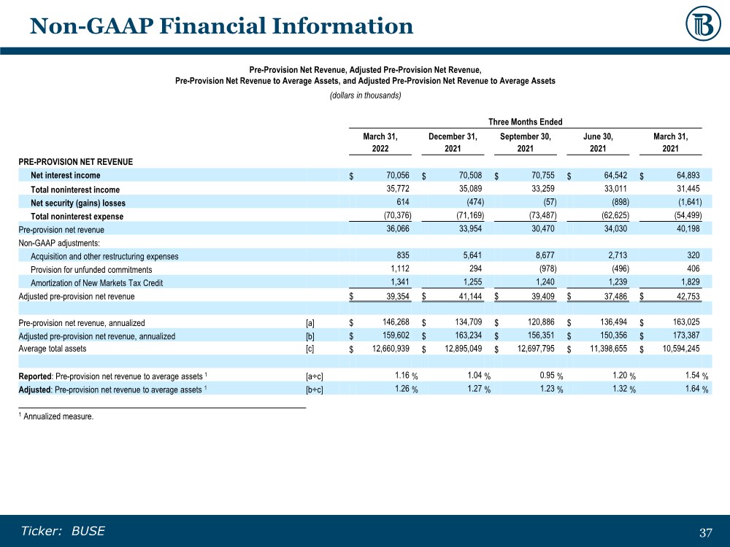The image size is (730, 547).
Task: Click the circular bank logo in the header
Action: [x=703, y=25]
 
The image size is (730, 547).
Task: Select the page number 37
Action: [x=705, y=532]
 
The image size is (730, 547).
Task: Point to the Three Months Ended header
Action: [x=526, y=122]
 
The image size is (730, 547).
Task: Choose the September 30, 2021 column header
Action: [x=525, y=142]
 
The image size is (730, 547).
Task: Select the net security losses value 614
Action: [x=402, y=202]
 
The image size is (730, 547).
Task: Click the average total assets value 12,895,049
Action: [x=457, y=349]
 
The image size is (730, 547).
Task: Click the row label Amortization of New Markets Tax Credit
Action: [x=96, y=283]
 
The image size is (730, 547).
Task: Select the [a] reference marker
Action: [x=310, y=323]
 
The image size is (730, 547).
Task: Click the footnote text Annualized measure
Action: [x=58, y=417]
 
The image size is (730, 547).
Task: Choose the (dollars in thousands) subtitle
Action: [x=365, y=96]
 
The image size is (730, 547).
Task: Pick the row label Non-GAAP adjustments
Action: [x=59, y=243]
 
